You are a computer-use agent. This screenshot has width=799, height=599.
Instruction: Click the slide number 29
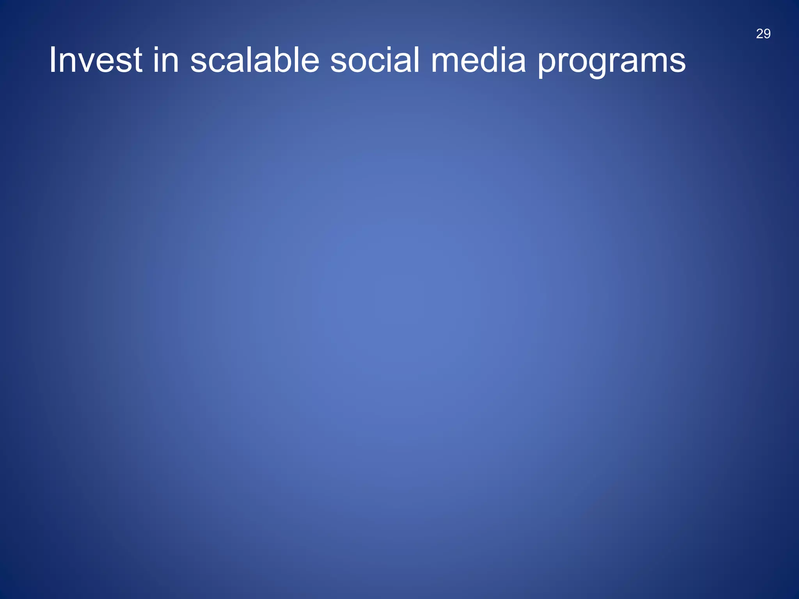pyautogui.click(x=763, y=34)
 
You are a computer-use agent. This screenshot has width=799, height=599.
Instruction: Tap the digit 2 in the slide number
pyautogui.click(x=760, y=34)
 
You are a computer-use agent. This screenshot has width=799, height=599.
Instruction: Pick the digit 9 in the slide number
pyautogui.click(x=767, y=34)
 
